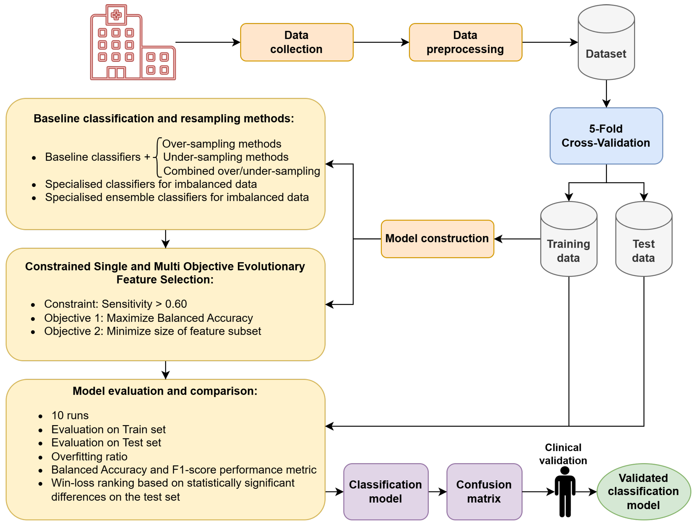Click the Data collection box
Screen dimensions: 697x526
tap(296, 42)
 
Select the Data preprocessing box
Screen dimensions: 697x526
tap(465, 42)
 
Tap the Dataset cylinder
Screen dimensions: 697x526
tap(606, 42)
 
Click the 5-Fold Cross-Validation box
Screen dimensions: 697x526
tap(606, 136)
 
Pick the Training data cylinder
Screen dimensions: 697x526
tap(569, 239)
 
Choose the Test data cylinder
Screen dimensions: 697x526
tap(644, 239)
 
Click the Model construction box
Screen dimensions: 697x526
tap(437, 239)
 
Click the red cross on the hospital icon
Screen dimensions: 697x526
tap(116, 14)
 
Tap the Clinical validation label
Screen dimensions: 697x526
tap(563, 454)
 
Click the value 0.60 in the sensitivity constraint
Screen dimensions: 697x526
tap(176, 304)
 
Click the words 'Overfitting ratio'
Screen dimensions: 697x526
tap(89, 456)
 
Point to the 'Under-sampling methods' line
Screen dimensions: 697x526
tap(226, 157)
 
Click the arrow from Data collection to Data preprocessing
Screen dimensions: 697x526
tap(381, 42)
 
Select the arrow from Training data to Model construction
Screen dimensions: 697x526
tap(517, 239)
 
